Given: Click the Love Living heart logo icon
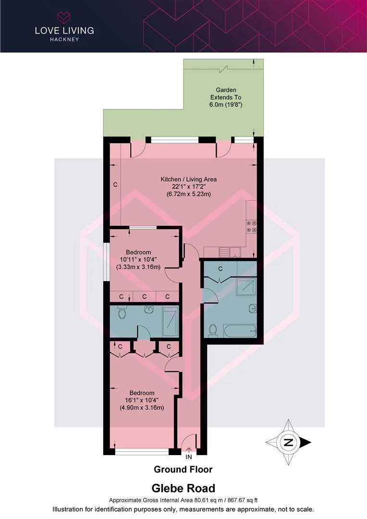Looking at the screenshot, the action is [64, 17].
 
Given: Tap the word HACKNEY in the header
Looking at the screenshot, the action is [64, 39].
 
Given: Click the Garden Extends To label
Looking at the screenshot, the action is [226, 94].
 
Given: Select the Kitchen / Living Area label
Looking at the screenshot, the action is [189, 179].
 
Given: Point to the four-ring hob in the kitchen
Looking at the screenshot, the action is [252, 227].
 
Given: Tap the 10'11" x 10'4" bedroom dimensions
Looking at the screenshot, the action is [138, 259].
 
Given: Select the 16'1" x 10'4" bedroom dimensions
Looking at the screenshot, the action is [142, 400].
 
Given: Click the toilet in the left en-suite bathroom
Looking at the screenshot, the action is [122, 313].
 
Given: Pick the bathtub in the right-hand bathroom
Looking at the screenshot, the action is [240, 331].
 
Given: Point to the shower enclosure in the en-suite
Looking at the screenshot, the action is [171, 321].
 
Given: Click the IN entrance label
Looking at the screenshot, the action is [189, 457].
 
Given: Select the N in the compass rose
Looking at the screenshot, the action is [288, 442].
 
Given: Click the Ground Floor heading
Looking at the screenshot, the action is [183, 470].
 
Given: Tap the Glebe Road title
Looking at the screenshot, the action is [183, 488].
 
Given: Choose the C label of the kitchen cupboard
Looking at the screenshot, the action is [115, 185].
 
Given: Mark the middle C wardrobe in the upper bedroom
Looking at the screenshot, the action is [144, 297].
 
